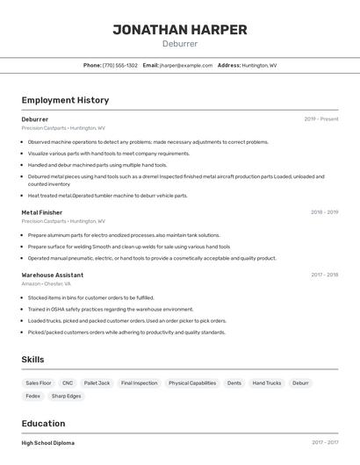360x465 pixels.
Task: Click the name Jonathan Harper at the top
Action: click(180, 30)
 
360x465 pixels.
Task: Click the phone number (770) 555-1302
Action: click(120, 65)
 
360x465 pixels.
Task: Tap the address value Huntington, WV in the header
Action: click(259, 65)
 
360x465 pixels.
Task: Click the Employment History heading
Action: click(65, 101)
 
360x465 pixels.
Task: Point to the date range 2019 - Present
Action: click(320, 119)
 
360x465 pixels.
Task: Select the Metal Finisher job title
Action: click(42, 212)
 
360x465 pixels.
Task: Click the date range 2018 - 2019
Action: click(324, 212)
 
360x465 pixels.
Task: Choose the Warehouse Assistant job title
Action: click(53, 275)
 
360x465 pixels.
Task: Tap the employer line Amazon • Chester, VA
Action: click(47, 284)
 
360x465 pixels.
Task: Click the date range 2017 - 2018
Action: click(324, 275)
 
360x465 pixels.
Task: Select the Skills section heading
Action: click(32, 360)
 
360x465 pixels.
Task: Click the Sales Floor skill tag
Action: click(39, 383)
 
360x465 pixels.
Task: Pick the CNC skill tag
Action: click(68, 383)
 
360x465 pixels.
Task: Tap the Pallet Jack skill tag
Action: click(97, 383)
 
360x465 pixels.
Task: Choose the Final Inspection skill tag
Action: click(139, 383)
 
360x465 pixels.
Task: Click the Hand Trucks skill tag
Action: click(267, 383)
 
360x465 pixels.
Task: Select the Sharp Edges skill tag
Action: click(66, 397)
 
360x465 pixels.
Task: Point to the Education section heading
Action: click(44, 423)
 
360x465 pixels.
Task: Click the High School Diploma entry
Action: click(48, 443)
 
